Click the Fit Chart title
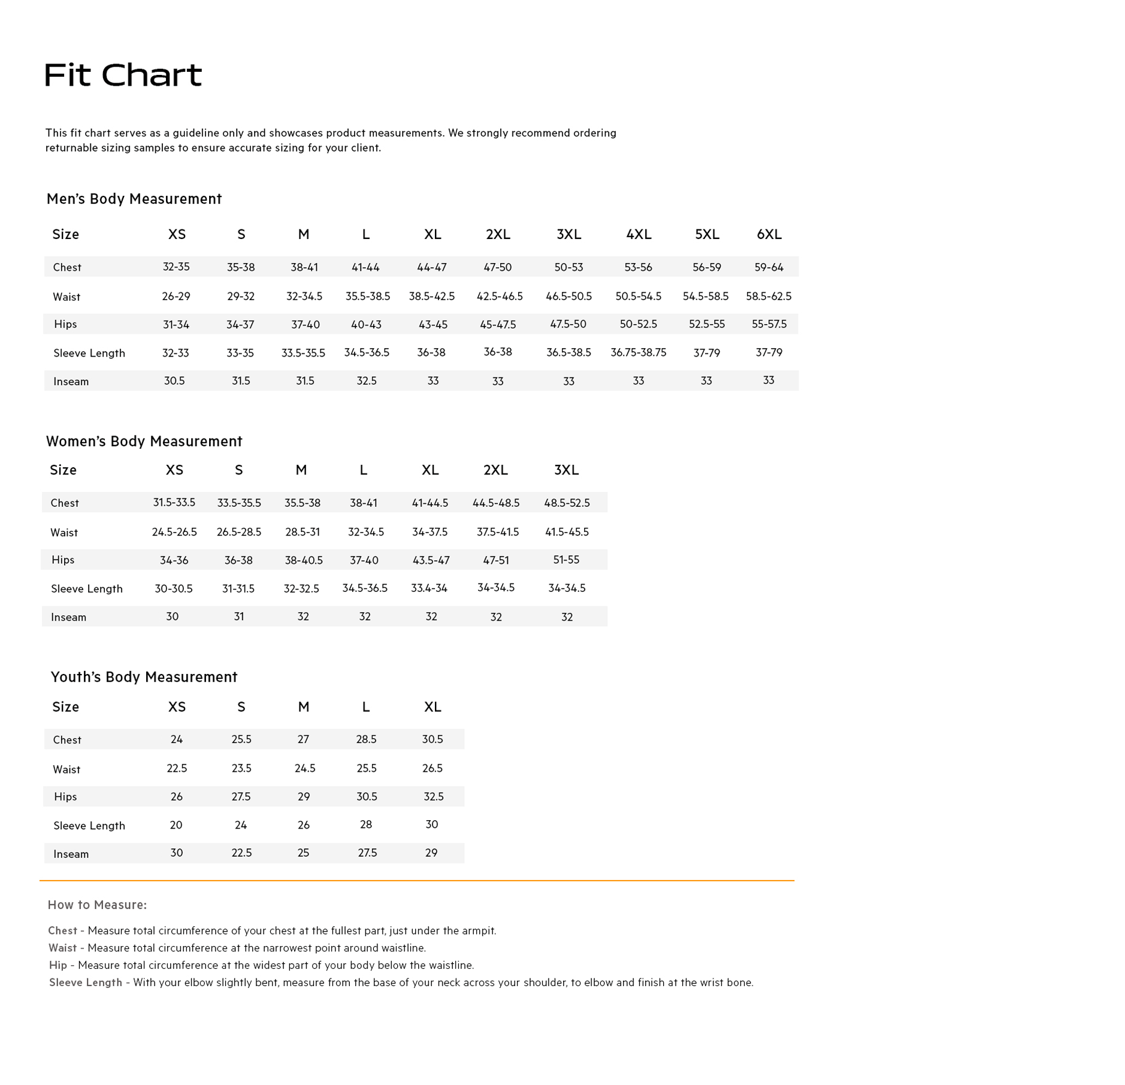[123, 75]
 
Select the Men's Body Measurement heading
[134, 199]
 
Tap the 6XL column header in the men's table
[769, 234]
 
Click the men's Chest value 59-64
[769, 267]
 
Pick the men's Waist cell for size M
[304, 296]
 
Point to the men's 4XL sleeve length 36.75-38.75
[638, 352]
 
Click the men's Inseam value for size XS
[174, 380]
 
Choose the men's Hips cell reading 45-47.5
[498, 324]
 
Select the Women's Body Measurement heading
[144, 442]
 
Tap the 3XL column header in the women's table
[566, 470]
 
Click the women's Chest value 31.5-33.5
[174, 503]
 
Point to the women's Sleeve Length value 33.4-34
[429, 588]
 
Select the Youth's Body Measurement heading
[144, 677]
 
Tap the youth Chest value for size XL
[433, 739]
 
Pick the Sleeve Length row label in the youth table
[89, 826]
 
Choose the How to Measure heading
[97, 905]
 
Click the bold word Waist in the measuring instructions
[62, 948]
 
